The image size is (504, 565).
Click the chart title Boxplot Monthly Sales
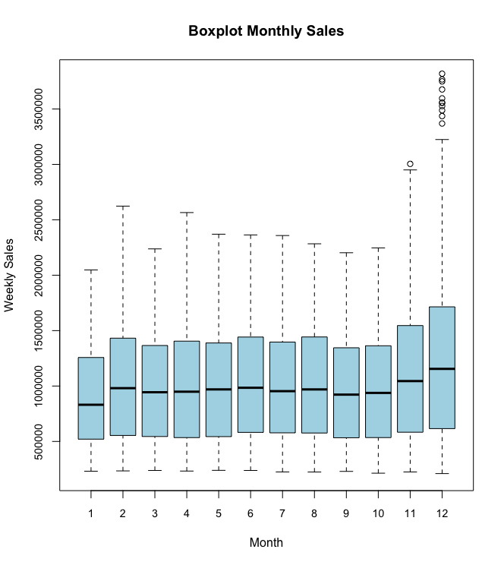pos(266,31)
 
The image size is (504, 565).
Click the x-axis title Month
pos(266,542)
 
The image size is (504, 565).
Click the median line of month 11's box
pos(410,381)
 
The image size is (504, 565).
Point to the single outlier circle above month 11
pos(410,164)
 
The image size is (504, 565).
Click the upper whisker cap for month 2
pos(123,206)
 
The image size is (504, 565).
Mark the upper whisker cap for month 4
pos(187,213)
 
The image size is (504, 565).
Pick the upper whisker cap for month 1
pos(91,270)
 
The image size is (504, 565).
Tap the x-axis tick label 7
pos(282,514)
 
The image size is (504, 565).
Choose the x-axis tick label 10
pos(378,514)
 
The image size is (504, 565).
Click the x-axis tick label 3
pos(155,514)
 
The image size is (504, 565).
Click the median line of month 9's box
pos(346,394)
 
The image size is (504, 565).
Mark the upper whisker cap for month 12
pos(442,140)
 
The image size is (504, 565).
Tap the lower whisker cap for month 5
pos(219,470)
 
